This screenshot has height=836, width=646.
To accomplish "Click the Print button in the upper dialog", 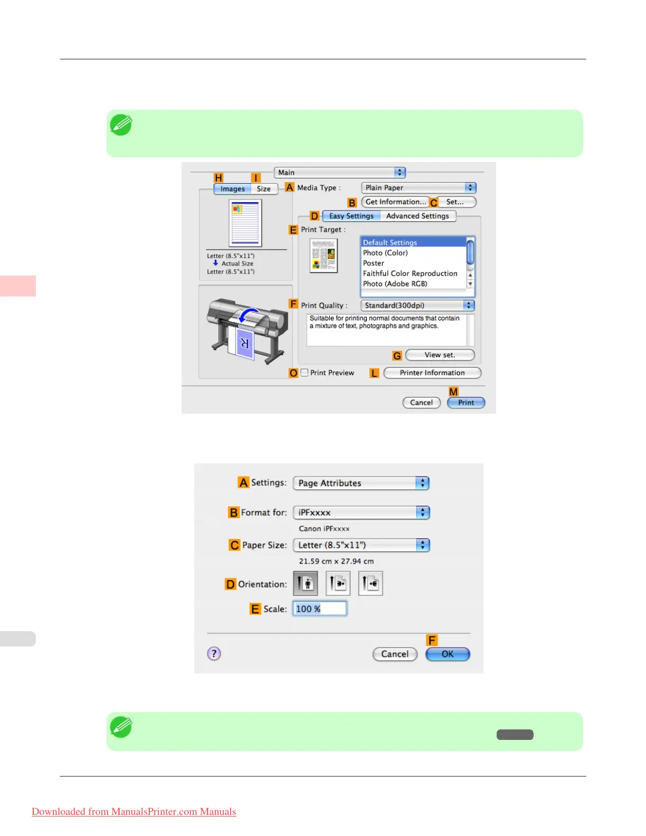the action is click(x=465, y=403).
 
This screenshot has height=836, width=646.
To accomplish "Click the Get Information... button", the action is click(x=395, y=202).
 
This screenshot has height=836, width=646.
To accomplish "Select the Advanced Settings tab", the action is click(x=417, y=216).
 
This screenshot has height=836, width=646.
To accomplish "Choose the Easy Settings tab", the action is click(x=351, y=216).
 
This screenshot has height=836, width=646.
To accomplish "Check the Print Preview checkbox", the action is click(x=305, y=373).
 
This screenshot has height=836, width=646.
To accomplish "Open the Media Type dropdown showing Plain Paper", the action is click(x=419, y=188).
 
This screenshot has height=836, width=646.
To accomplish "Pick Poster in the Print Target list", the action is click(x=374, y=263).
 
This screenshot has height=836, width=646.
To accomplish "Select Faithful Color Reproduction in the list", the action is click(x=410, y=273).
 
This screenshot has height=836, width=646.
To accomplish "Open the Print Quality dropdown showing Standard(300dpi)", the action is click(x=417, y=306).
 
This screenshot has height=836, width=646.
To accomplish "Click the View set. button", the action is click(x=440, y=355).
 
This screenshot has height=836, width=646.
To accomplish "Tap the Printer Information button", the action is click(x=432, y=373).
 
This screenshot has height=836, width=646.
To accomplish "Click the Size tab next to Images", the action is click(x=264, y=189).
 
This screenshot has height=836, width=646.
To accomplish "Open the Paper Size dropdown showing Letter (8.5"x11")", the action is click(x=362, y=545).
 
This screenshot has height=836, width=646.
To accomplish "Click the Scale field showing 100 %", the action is click(x=320, y=609).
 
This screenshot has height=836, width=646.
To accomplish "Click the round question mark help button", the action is click(x=214, y=654).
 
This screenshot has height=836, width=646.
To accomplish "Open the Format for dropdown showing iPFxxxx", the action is click(x=362, y=512).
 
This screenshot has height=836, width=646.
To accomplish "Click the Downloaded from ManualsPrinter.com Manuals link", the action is click(x=134, y=812).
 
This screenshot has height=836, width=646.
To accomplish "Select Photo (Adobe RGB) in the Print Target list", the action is click(x=395, y=284).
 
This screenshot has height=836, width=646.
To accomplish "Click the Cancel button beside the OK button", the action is click(x=395, y=654).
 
